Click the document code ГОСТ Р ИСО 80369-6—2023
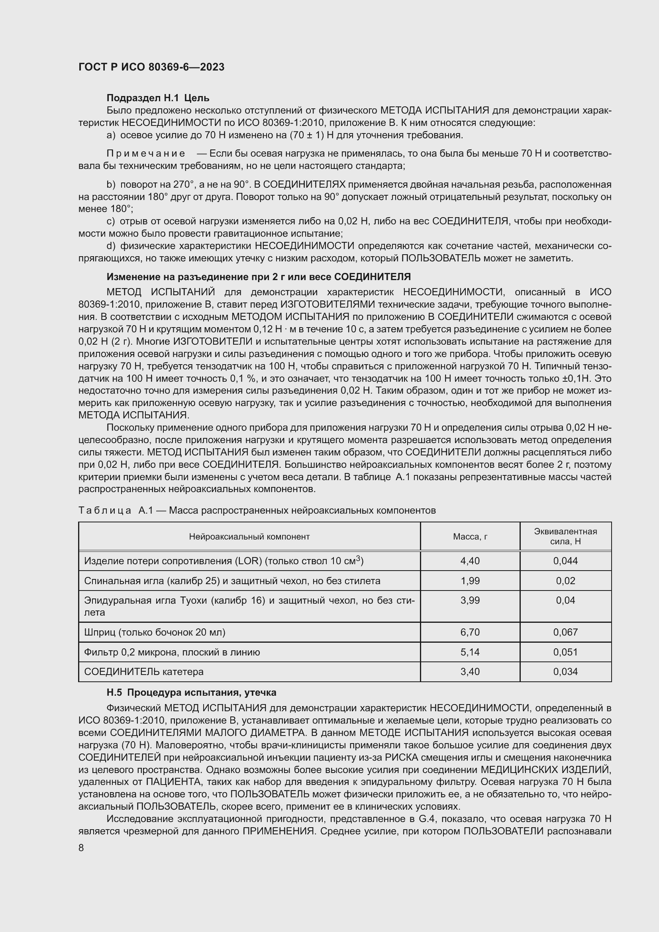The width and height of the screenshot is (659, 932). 151,67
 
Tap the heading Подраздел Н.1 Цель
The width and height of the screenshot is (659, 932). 157,98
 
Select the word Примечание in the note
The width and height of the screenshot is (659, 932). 146,153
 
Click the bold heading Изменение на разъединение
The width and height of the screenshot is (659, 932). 258,277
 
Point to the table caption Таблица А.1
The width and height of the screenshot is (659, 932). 257,510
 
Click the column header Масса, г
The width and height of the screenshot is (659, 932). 470,537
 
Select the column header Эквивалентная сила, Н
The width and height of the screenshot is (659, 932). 565,536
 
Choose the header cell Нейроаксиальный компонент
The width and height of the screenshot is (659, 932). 249,537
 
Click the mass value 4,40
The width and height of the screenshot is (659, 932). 470,561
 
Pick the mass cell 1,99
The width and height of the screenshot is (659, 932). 470,581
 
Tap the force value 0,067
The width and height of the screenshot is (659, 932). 565,632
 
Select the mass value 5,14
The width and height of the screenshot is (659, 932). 470,652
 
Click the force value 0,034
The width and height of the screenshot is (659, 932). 565,672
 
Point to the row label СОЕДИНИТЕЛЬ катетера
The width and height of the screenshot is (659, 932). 144,672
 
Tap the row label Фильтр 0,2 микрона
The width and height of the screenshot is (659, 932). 172,652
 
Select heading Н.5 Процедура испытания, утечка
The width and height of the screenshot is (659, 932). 191,693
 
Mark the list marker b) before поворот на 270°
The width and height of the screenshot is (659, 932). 111,185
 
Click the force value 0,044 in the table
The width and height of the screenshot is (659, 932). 565,561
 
